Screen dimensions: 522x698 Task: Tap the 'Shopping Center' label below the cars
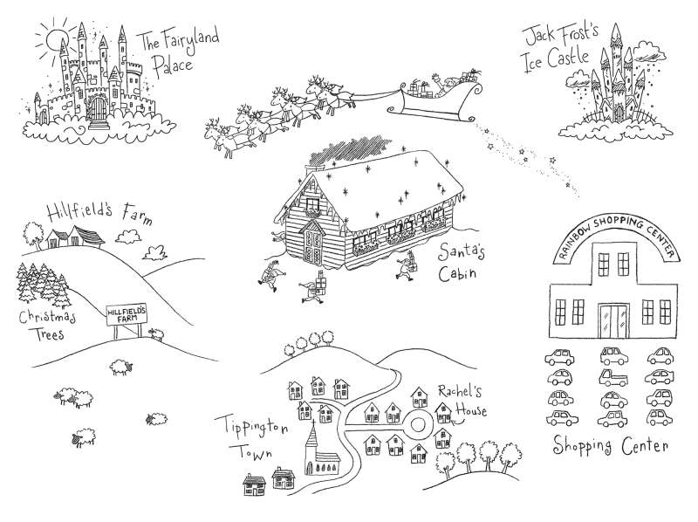tap(611, 446)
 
